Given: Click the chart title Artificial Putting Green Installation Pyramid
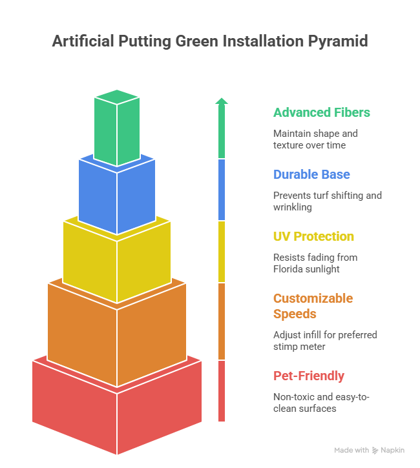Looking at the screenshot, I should click(x=210, y=42).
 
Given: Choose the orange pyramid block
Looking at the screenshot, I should click(x=116, y=329).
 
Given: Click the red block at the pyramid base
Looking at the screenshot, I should click(x=116, y=407).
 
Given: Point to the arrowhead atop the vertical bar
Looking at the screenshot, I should click(x=222, y=101).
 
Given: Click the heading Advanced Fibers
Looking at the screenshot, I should click(x=321, y=112).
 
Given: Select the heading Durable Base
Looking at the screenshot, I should click(x=311, y=174).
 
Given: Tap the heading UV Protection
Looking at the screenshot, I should click(x=313, y=236).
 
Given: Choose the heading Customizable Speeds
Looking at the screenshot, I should click(x=313, y=306).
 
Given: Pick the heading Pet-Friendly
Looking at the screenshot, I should click(x=309, y=376).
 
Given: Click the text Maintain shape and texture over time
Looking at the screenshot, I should click(x=315, y=139).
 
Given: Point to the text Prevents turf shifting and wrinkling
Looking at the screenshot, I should click(x=327, y=201).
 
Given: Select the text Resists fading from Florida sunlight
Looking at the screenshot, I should click(x=315, y=263).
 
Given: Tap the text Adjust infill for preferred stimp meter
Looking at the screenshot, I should click(x=325, y=341).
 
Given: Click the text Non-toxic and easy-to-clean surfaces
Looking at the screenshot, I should click(x=321, y=403).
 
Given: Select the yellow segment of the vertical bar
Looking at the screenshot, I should click(x=222, y=252).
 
